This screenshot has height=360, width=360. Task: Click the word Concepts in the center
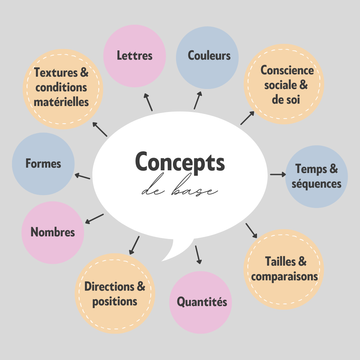pyautogui.click(x=180, y=162)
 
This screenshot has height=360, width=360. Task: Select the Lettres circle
pyautogui.click(x=135, y=56)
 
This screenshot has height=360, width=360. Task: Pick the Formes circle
pyautogui.click(x=43, y=164)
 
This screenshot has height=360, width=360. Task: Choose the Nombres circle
pyautogui.click(x=53, y=232)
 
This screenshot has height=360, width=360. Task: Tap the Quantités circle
pyautogui.click(x=201, y=302)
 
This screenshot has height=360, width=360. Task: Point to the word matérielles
pyautogui.click(x=61, y=102)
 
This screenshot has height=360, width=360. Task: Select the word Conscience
pyautogui.click(x=287, y=70)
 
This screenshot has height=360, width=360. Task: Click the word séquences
pyautogui.click(x=316, y=184)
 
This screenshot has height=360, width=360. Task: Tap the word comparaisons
pyautogui.click(x=284, y=276)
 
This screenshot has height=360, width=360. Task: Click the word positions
pyautogui.click(x=115, y=301)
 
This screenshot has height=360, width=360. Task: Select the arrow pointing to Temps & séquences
pyautogui.click(x=278, y=174)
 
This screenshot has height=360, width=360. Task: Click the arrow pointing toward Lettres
pyautogui.click(x=148, y=102)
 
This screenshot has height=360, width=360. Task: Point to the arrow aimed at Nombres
pyautogui.click(x=95, y=219)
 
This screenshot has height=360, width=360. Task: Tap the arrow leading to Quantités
pyautogui.click(x=198, y=255)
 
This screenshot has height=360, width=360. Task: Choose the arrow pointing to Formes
pyautogui.click(x=82, y=176)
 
